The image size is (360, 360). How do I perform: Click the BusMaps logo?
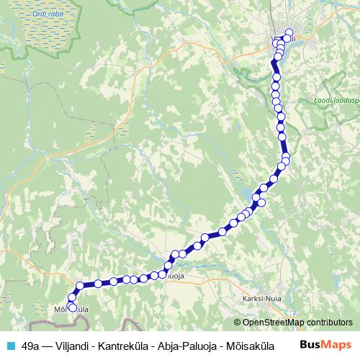pyautogui.click(x=325, y=345)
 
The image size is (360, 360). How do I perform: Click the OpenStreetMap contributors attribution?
pyautogui.click(x=297, y=323)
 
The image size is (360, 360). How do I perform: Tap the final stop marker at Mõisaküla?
pyautogui.click(x=72, y=307)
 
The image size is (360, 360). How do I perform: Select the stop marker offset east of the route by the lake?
pyautogui.click(x=261, y=202)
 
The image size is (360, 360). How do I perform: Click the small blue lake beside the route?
pyautogui.click(x=256, y=196)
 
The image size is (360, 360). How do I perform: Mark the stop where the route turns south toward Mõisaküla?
pyautogui.click(x=79, y=285)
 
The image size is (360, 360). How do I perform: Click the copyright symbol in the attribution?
pyautogui.click(x=238, y=323)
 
